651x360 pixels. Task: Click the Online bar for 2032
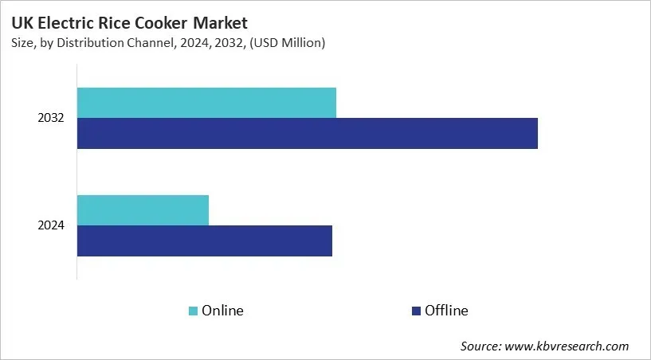(x=206, y=103)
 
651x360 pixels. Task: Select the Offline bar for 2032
(x=307, y=133)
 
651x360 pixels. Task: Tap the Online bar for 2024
(x=143, y=209)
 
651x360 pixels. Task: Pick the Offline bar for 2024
(x=204, y=241)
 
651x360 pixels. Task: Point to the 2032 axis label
(x=51, y=118)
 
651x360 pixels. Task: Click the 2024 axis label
(x=51, y=225)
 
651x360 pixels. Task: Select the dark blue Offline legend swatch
(x=415, y=311)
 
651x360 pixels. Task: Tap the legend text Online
(x=222, y=311)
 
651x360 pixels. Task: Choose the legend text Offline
(x=446, y=311)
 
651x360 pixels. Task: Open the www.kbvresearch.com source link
(x=567, y=346)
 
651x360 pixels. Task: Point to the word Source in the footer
(x=480, y=346)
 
